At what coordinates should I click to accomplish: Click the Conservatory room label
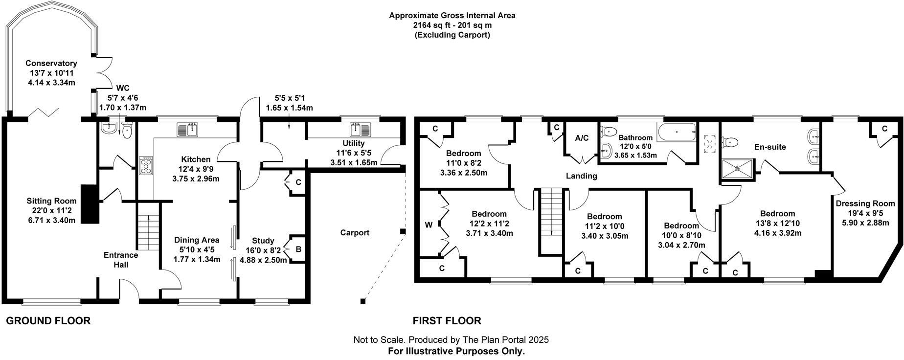tap(51, 63)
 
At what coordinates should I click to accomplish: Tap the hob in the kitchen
tap(146, 165)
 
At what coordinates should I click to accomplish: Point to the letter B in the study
tap(298, 249)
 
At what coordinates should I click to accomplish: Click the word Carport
tap(355, 233)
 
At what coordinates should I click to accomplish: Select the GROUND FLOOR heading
tap(48, 321)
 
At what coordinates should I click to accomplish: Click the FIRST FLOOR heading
tap(447, 321)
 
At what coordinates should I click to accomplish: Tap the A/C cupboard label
tap(582, 138)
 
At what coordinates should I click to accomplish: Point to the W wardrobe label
tap(429, 225)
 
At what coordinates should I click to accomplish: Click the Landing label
tap(582, 176)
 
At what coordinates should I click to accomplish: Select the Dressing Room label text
tap(865, 203)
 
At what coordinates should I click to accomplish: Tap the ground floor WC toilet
tap(128, 130)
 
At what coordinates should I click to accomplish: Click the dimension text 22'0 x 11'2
tap(51, 211)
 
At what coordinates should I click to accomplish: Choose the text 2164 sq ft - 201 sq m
tap(452, 25)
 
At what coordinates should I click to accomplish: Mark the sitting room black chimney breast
tap(90, 204)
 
